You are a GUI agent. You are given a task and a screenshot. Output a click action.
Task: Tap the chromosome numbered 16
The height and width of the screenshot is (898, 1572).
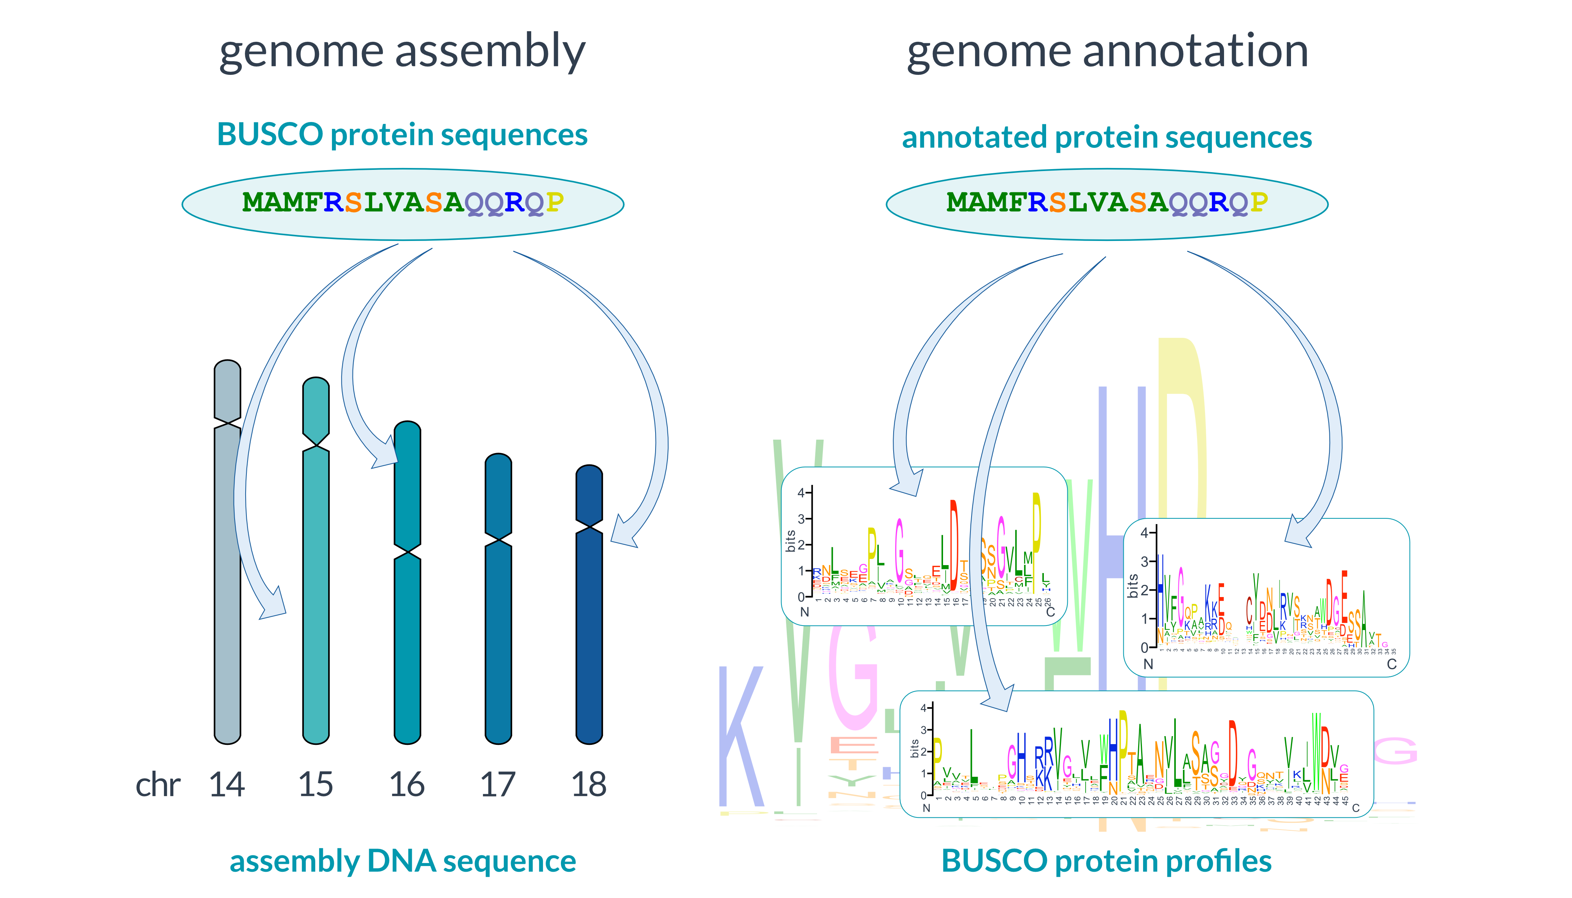click(407, 617)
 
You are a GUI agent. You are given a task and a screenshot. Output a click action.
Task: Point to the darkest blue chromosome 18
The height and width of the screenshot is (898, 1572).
click(589, 617)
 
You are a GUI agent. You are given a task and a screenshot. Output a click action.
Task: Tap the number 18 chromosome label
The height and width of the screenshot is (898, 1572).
click(589, 784)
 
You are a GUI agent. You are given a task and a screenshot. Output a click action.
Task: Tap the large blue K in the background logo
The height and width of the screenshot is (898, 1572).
click(742, 737)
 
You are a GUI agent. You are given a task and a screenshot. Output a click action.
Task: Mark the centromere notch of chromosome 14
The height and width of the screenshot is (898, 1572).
click(227, 423)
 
